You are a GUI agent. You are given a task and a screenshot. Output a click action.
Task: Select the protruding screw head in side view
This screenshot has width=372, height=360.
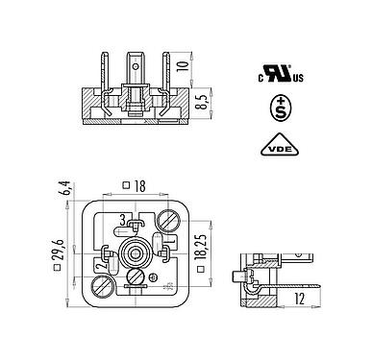pyautogui.click(x=237, y=278)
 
